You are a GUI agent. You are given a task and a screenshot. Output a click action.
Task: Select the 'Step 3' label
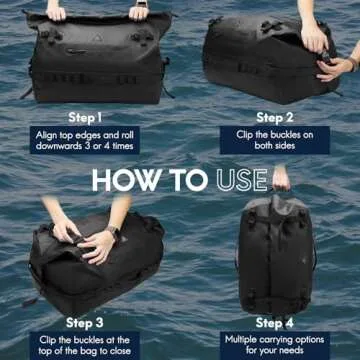point(85,322)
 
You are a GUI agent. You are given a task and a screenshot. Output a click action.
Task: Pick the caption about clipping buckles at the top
point(85,345)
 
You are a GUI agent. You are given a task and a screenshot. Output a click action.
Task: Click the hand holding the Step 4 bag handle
point(281,180)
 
